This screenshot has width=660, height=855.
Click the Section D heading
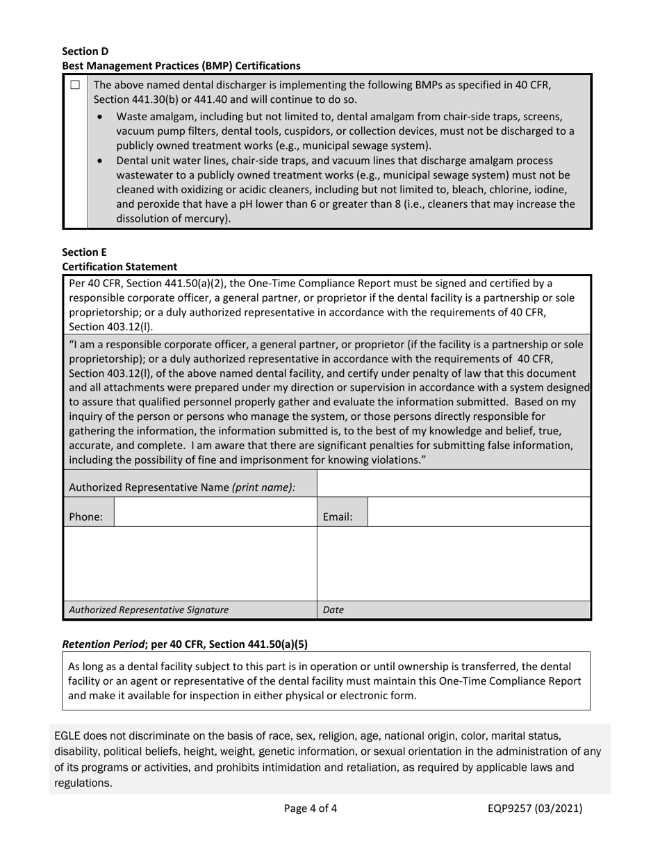point(85,51)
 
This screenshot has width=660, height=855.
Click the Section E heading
point(85,252)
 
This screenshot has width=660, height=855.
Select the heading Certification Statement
point(119,266)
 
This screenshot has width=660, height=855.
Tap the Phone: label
point(86,517)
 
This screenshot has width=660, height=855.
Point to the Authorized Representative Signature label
point(149,610)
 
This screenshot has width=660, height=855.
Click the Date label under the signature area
point(333,610)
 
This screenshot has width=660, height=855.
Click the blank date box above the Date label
point(453,564)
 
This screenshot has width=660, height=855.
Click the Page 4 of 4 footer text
point(311,808)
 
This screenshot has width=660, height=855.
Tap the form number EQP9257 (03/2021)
point(534,808)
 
